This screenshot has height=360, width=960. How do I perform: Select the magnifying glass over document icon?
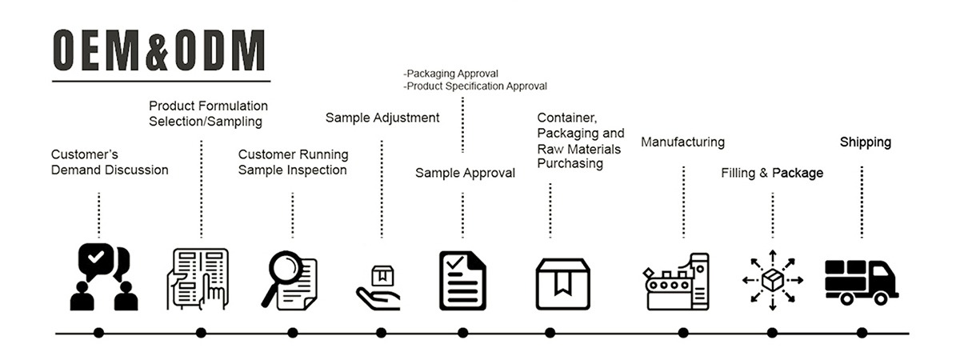tap(290, 279)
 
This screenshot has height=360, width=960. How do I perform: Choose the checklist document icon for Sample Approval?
tap(462, 280)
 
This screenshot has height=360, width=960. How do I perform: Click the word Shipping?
tap(865, 142)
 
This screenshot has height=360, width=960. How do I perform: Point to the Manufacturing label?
tap(682, 142)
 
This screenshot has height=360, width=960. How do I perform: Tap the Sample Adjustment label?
tap(382, 118)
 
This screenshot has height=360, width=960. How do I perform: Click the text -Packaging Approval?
tap(451, 74)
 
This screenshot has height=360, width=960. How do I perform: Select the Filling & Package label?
tap(772, 173)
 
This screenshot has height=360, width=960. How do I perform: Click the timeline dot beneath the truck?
tap(862, 333)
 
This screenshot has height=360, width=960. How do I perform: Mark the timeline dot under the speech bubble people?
tap(98, 333)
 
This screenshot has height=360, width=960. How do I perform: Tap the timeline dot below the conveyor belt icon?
tap(683, 333)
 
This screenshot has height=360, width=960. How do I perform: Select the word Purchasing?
tap(570, 163)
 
